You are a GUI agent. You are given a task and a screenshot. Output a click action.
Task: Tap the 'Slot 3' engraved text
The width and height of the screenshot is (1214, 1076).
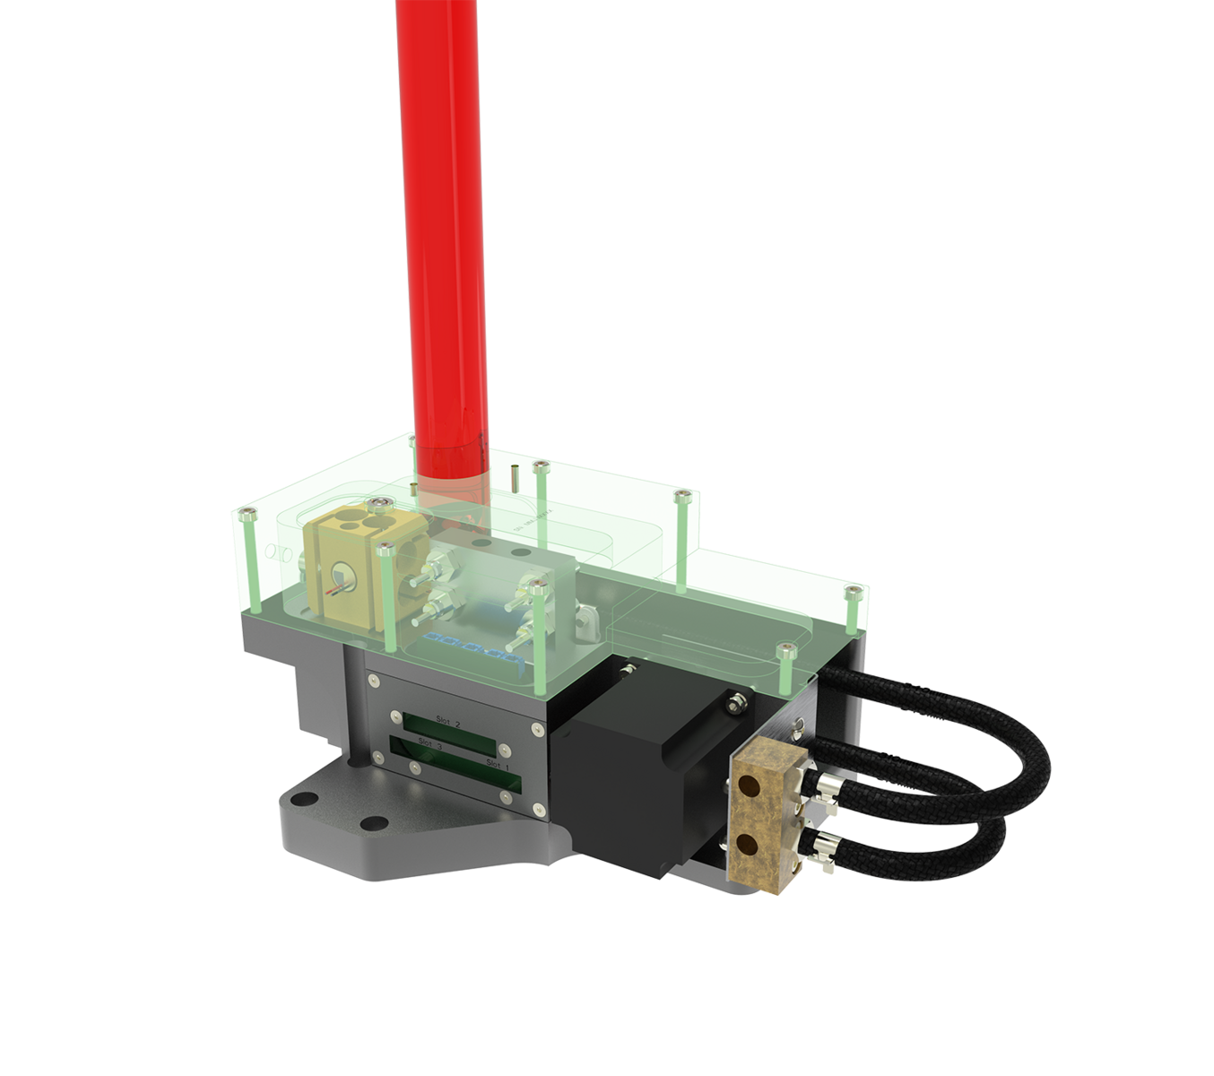[429, 743]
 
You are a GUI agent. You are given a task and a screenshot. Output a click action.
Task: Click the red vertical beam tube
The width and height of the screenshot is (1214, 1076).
[443, 224]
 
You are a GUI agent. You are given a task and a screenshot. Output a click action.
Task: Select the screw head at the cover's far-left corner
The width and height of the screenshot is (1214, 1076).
[250, 511]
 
